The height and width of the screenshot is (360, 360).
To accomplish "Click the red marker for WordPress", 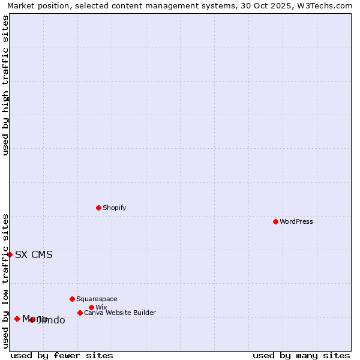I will pos(275,221).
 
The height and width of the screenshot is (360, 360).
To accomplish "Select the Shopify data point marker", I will pos(98,208).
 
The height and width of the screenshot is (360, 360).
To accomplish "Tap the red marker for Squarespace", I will pos(72,299).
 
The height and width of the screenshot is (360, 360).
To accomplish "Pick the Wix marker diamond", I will pos(91,307).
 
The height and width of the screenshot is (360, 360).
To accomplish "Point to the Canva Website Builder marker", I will pos(80,313).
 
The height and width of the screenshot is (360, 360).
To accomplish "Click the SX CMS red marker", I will pos(10,254).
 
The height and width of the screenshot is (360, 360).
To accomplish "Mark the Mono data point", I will pos(17,319).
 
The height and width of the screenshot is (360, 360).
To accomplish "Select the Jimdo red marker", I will pos(32,320).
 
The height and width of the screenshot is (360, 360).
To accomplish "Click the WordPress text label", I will pos(296,221).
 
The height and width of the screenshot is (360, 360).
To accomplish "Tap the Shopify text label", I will pos(115,208).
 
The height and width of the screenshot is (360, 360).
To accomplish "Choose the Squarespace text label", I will pos(97,299).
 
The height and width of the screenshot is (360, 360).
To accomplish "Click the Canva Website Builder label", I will pos(120,313).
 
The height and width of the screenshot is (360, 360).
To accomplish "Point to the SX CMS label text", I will pos(34,254).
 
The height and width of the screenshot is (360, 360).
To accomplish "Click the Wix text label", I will pos(101,307).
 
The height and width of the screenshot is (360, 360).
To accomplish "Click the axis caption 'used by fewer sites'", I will pos(62,355).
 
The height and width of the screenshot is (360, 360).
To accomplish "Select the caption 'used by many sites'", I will pos(301,355).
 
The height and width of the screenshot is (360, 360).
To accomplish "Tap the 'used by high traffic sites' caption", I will pos(5,85).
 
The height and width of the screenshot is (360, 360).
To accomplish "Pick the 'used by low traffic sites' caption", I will pos(5,281).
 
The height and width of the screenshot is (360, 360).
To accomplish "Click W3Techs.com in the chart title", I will pos(323,5).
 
